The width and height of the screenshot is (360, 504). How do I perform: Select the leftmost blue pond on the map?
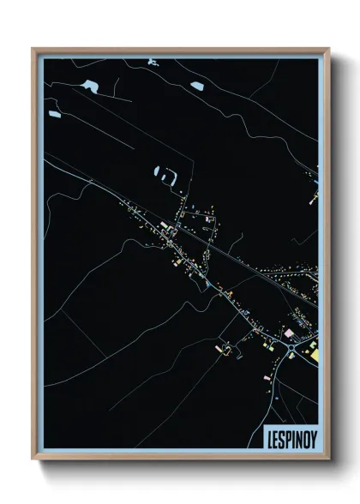[x=54, y=114]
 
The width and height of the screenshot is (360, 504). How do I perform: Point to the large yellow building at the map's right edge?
[x=314, y=352]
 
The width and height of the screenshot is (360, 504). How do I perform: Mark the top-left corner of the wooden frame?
[x=33, y=48]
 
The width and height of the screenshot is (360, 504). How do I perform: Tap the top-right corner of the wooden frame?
[x=329, y=48]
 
